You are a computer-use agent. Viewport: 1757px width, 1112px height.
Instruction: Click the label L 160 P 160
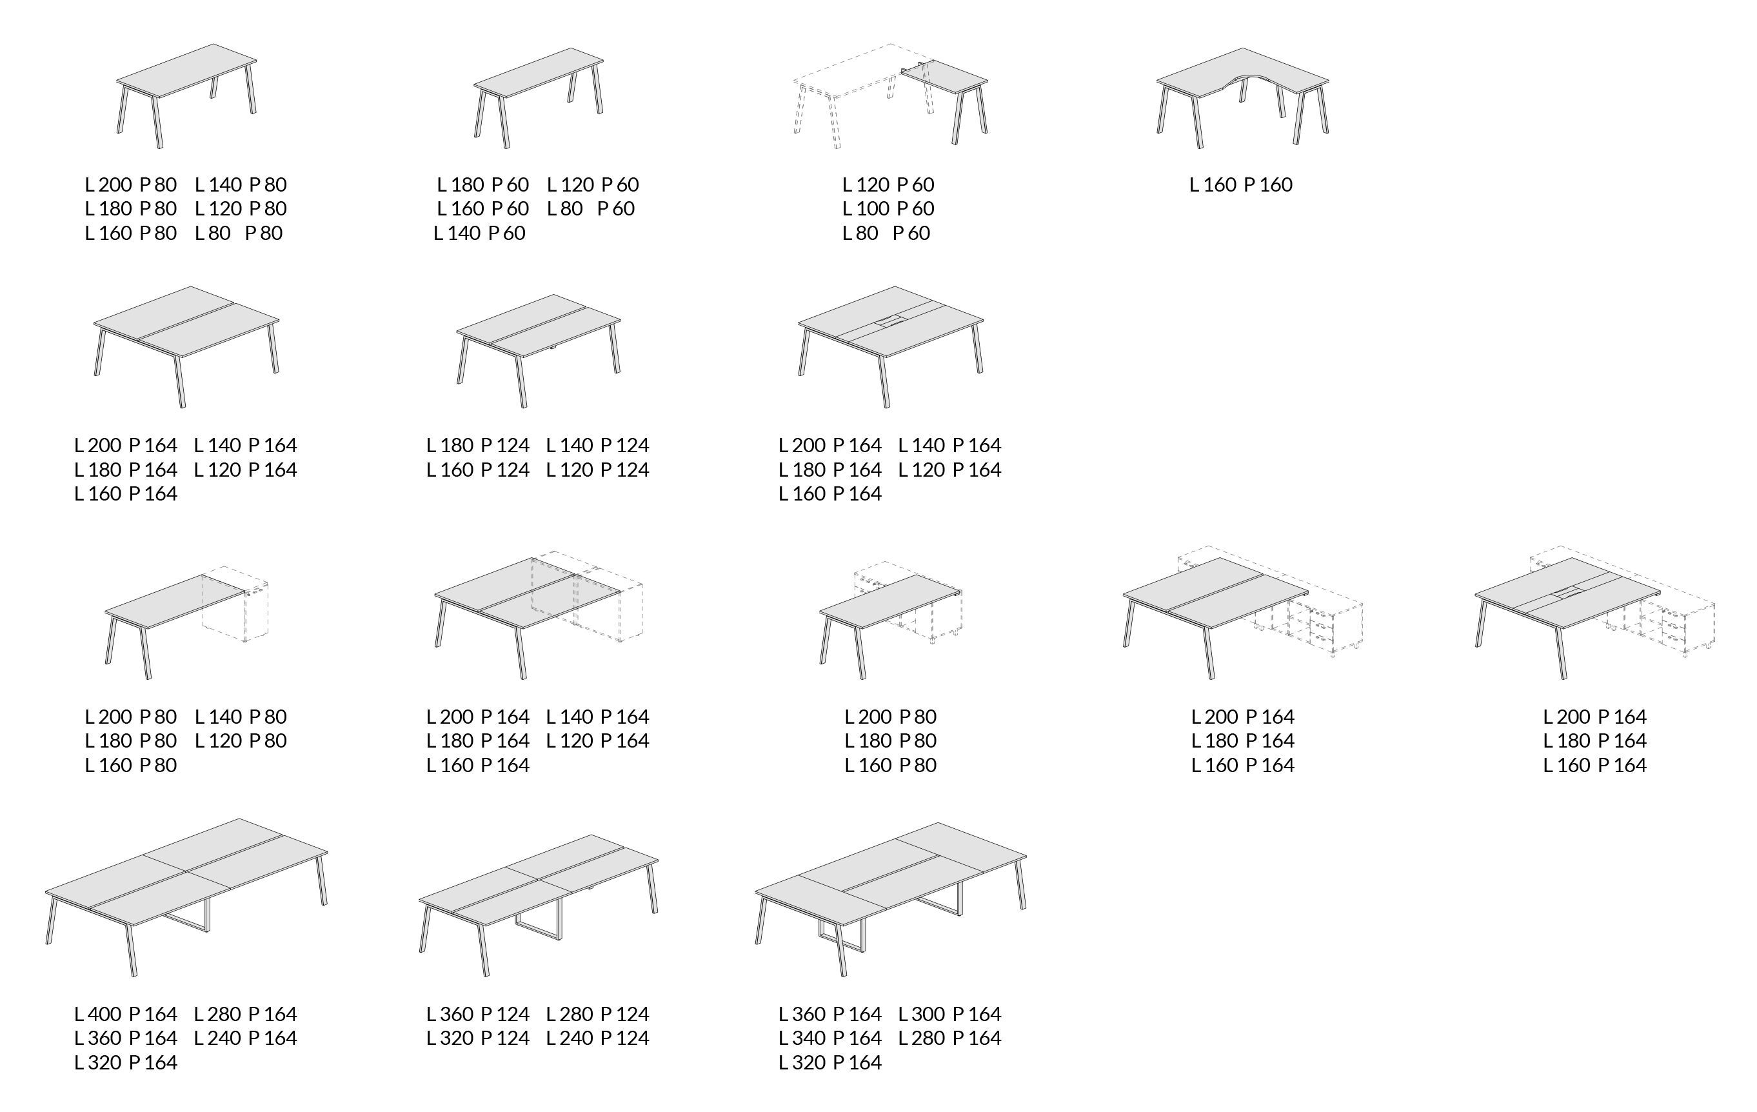pos(1240,184)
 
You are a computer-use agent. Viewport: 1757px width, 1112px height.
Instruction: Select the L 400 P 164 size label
pos(126,1014)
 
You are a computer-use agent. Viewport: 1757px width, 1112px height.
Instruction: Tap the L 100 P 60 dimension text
pos(888,209)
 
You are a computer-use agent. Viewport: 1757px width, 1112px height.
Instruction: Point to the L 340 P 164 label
pos(829,1038)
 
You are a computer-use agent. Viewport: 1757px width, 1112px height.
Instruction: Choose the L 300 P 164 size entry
pos(949,1014)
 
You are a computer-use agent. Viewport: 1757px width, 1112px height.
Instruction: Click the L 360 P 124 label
pos(478,1014)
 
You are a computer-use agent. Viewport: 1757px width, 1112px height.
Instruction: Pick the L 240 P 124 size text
pos(597,1038)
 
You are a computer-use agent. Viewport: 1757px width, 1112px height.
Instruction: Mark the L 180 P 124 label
pos(478,445)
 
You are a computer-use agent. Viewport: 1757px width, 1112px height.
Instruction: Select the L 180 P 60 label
pos(483,184)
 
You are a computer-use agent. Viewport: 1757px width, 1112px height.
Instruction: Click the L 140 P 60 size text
pos(479,233)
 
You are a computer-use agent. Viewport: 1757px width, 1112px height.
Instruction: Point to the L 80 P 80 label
pos(239,233)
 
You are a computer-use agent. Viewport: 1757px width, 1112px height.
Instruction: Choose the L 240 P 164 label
pos(245,1038)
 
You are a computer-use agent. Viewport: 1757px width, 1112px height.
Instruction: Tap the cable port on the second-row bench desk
pos(891,321)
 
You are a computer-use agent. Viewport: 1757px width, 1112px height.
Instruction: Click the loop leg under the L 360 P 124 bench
pos(539,925)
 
